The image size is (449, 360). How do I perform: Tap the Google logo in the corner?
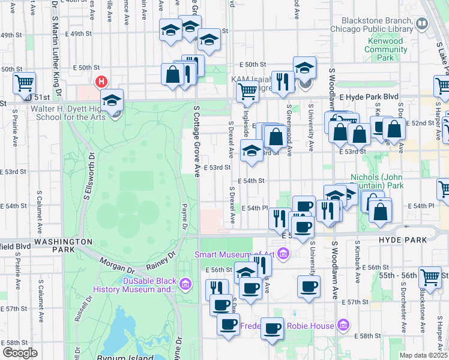coord(20,353)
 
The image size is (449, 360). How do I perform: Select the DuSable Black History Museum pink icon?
coord(186,283)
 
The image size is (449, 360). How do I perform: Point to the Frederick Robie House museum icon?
coord(343,326)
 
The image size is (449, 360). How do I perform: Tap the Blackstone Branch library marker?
coord(422,24)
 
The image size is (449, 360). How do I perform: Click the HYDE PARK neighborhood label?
coord(402,239)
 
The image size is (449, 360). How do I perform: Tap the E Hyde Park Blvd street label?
coord(368,96)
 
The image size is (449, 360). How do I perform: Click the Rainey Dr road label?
coord(160,262)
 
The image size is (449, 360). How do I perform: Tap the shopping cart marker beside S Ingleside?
coord(247,92)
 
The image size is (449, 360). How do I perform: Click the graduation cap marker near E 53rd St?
coord(252,151)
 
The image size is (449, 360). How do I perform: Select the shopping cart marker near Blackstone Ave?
coord(430,277)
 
